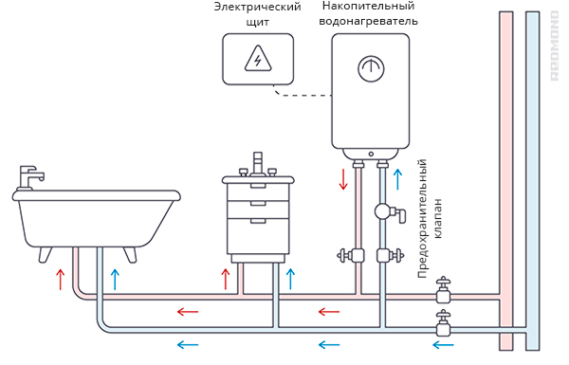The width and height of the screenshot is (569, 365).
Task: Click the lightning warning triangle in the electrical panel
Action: coord(258,59)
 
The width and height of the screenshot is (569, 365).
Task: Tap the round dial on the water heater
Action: coord(371,68)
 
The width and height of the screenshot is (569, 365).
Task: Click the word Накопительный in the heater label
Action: coord(368,7)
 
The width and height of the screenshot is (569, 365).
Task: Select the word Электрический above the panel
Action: coord(257,7)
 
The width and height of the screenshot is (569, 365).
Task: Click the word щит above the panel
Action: coord(258,22)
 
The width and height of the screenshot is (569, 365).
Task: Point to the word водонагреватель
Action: coord(368,21)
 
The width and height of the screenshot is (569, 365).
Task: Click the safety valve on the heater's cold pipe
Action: coord(390,212)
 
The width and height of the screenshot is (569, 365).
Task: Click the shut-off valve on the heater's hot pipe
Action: coord(351,255)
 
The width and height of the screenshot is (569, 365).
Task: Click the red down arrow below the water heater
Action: coord(343,178)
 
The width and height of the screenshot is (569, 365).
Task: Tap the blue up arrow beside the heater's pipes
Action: coord(398,179)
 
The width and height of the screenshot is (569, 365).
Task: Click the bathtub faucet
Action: coord(30,178)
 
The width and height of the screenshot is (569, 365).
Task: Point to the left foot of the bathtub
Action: coord(46,255)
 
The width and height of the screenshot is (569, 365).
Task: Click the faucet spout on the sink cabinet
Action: coord(258,164)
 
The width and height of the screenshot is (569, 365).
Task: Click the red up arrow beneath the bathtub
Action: coord(61,280)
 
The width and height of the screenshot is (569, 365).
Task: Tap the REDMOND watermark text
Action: coord(554,46)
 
